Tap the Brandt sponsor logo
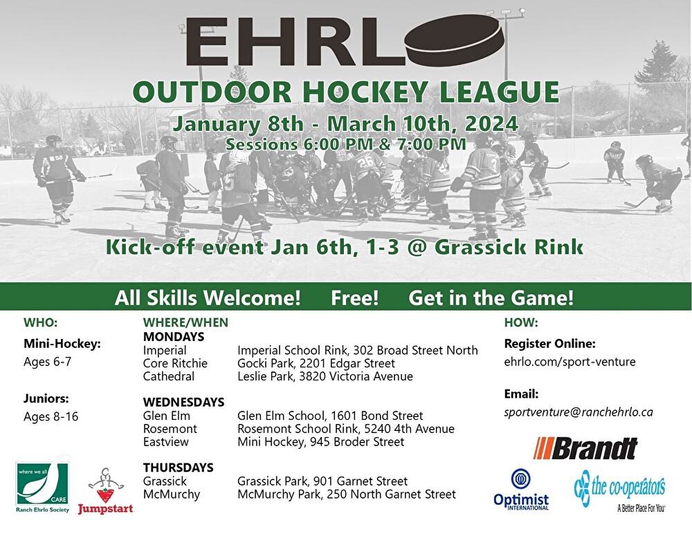click(585, 448)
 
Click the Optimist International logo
click(521, 490)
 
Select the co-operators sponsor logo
click(619, 490)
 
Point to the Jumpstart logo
click(105, 491)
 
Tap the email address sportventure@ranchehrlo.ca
click(578, 412)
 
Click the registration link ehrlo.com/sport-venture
click(570, 362)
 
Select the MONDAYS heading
click(174, 337)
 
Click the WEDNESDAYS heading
click(183, 402)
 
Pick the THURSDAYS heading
click(179, 468)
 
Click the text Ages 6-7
click(47, 362)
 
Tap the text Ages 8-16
click(51, 416)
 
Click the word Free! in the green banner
click(355, 298)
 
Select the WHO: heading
click(41, 322)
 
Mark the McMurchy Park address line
click(347, 495)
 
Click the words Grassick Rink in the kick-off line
click(509, 247)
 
